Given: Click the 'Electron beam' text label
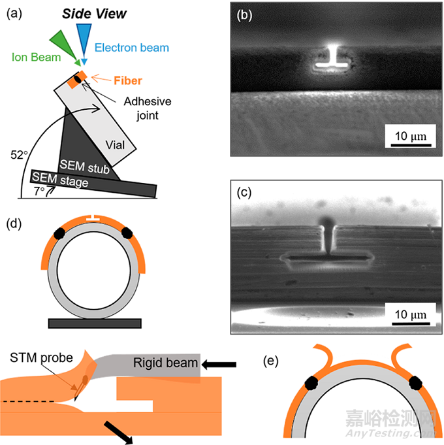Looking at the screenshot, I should tap(131, 47).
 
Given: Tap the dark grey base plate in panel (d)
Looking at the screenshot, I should tap(94, 323).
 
